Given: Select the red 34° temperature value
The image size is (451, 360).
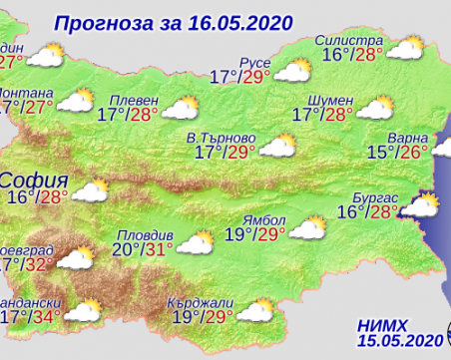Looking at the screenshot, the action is click(47, 317).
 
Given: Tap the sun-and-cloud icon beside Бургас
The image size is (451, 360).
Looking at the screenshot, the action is click(420, 207).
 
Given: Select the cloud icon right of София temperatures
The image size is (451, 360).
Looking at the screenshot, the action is click(118, 189).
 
